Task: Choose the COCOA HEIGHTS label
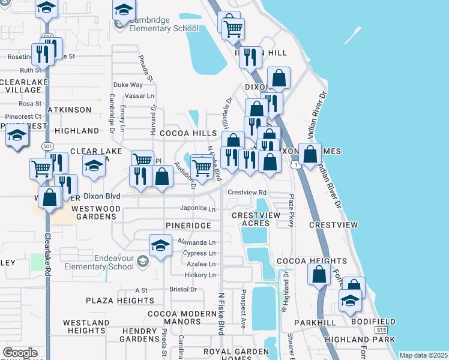pos(312,261)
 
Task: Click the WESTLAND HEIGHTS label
pos(86,326)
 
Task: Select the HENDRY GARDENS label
pos(140,335)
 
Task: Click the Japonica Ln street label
pos(197,209)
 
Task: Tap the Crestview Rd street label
pos(246,193)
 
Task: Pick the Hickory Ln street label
pos(200,275)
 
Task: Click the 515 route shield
pos(380,331)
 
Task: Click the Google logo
pos(20,353)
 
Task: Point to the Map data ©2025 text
pos(423,355)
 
